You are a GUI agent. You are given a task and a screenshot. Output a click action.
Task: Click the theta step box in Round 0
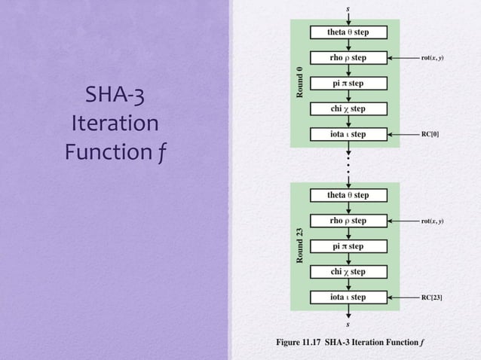click(x=348, y=32)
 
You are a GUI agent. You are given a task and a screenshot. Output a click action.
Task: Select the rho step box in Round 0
click(x=348, y=58)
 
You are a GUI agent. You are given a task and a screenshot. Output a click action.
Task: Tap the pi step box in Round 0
click(x=348, y=84)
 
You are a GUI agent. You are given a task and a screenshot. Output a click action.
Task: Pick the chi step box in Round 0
click(x=348, y=109)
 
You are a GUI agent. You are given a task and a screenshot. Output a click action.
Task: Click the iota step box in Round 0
click(x=348, y=135)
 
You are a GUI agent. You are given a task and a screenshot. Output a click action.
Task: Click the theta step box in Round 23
click(x=348, y=195)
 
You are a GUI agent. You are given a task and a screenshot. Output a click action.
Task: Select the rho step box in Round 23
click(x=348, y=221)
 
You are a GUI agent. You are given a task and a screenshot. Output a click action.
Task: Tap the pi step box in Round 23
click(x=348, y=246)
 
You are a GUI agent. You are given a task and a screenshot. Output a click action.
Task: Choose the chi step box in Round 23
click(x=348, y=272)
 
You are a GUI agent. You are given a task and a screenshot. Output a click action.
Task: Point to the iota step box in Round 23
click(x=348, y=297)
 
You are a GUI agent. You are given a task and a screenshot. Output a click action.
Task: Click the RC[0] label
click(x=430, y=135)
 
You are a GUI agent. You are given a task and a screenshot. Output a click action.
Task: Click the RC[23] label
click(x=432, y=297)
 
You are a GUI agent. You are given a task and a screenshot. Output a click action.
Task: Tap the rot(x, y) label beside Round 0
click(x=432, y=58)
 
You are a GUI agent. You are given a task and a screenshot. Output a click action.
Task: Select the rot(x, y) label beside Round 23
click(x=432, y=221)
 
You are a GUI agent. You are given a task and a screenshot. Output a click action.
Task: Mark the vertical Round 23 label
click(x=299, y=246)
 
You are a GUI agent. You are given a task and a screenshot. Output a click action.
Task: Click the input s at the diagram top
click(x=348, y=9)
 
